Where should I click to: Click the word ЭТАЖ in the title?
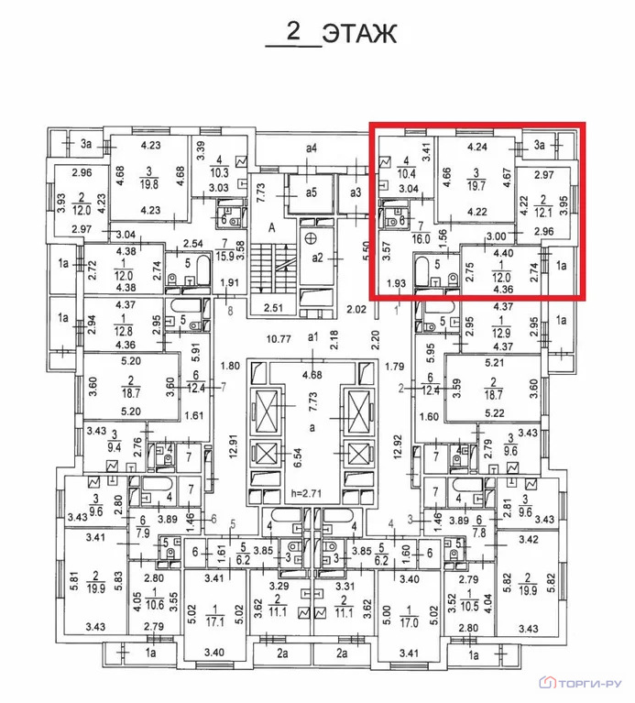tap(359, 34)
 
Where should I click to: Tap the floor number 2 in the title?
tap(293, 31)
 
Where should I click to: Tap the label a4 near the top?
tap(312, 148)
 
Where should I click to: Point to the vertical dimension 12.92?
tap(397, 446)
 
